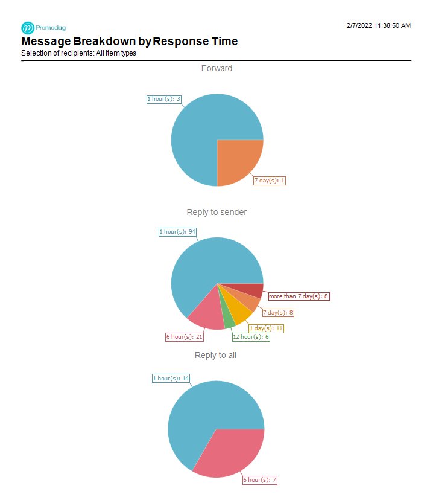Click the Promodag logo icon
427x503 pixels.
click(x=28, y=28)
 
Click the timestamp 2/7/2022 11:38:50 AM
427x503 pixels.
click(x=379, y=25)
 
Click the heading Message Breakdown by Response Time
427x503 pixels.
click(x=129, y=42)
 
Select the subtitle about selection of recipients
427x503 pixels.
click(x=78, y=53)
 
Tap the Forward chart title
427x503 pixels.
click(x=217, y=69)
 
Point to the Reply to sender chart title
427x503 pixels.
click(x=217, y=212)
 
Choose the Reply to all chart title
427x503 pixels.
click(x=215, y=355)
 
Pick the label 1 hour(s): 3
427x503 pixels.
click(x=164, y=99)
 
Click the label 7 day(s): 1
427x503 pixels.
click(x=269, y=181)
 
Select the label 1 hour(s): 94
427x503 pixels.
click(x=177, y=232)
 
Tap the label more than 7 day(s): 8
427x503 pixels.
click(x=299, y=296)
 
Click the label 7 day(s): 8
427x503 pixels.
click(x=278, y=313)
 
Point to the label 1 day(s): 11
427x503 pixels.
click(x=266, y=328)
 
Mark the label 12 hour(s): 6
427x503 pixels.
click(x=251, y=337)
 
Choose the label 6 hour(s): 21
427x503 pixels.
click(x=185, y=337)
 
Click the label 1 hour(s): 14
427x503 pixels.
click(x=171, y=379)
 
